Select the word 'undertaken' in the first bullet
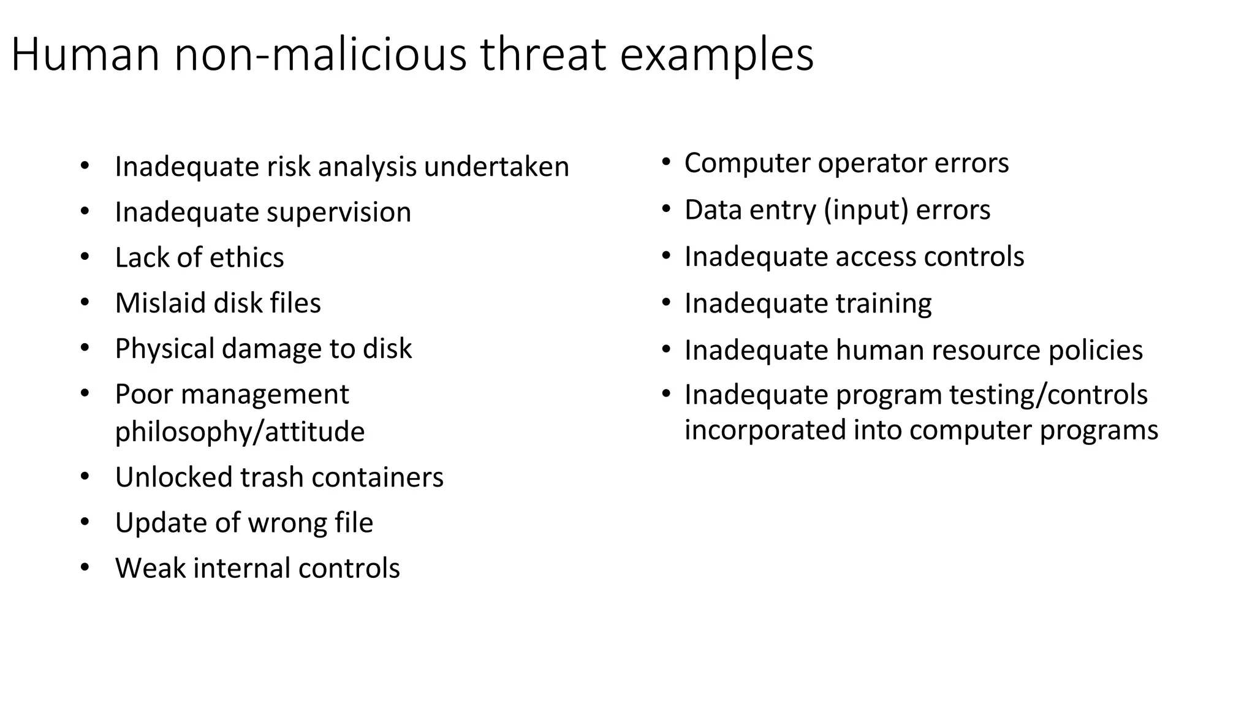coord(496,167)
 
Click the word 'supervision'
coord(339,213)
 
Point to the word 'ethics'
coord(246,257)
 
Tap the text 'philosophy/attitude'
coord(240,431)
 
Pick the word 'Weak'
coord(150,568)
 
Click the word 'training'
coord(884,303)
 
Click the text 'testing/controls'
coord(1048,395)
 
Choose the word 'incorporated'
coord(765,430)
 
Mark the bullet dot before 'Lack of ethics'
coord(85,257)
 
